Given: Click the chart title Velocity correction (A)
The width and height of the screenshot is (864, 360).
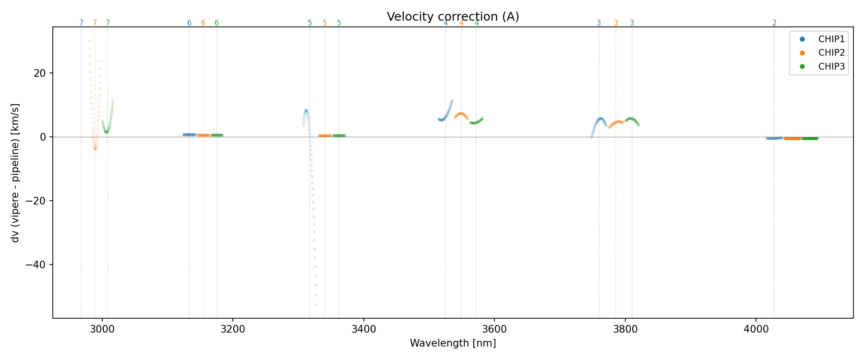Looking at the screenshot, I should tap(453, 17).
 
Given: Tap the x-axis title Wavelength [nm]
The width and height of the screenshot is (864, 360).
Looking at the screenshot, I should tap(453, 343).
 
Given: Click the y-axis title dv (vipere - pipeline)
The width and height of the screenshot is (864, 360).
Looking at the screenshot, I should tap(15, 172).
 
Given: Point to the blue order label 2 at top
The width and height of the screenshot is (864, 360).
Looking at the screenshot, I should tap(774, 23).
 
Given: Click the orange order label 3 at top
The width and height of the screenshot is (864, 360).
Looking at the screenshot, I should tap(616, 23).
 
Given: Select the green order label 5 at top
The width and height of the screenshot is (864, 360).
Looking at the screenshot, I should tap(339, 23).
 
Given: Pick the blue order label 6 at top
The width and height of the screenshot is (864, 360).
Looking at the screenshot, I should tap(189, 23).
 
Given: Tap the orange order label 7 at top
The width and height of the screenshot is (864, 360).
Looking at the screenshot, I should tap(95, 23).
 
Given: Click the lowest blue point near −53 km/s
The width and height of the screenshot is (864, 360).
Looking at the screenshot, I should tap(316, 305).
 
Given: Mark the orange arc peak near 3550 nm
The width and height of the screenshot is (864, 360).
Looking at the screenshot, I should tap(461, 114).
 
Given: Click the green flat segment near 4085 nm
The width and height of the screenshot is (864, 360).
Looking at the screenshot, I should tap(810, 138).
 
